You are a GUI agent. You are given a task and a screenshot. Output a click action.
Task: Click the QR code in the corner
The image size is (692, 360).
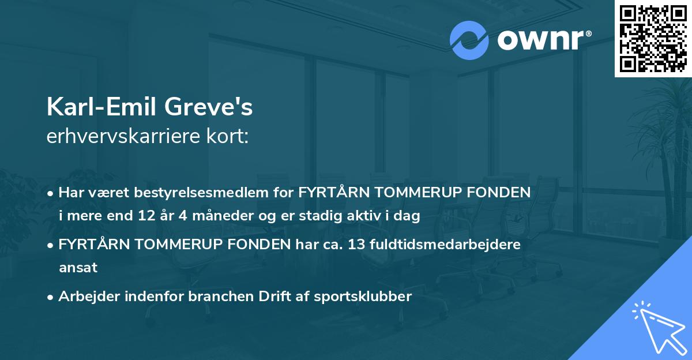click(653, 38)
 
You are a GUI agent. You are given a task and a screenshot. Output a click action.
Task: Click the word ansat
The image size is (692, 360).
click(77, 268)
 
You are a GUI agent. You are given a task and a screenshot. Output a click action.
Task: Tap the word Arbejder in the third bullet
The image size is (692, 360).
click(85, 297)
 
